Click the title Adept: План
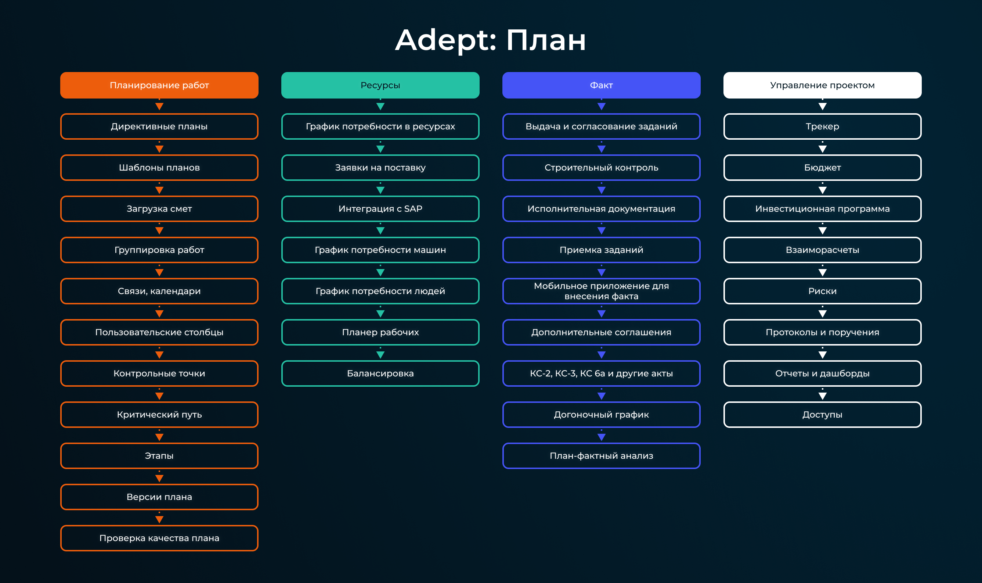pos(491,40)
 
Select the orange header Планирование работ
pos(159,85)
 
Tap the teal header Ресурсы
pos(380,85)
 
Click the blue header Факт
pos(601,85)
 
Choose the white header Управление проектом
pos(822,85)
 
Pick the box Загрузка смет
pos(159,208)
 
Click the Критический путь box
pos(159,415)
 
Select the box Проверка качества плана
pos(159,538)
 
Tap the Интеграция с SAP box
pos(380,208)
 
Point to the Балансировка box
pos(380,373)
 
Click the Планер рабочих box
pos(380,332)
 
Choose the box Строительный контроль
pos(601,167)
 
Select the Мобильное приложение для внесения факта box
pos(601,291)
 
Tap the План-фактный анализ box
pos(601,456)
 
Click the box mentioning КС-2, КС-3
pos(601,373)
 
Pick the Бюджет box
pos(822,167)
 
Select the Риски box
pos(822,291)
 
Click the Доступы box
pos(822,415)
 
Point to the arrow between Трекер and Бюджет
pos(822,147)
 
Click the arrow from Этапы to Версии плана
pos(159,476)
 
